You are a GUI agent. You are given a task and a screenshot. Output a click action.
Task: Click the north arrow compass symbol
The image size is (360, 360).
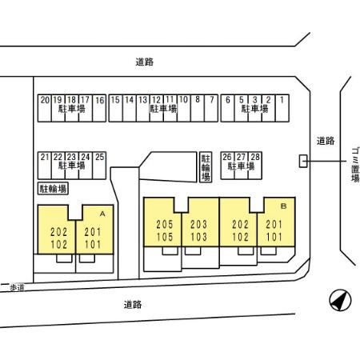pyautogui.click(x=340, y=300)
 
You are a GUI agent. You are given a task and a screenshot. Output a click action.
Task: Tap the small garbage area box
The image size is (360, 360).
pyautogui.click(x=303, y=161)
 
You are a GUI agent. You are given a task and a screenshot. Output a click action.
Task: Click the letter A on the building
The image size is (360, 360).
pyautogui.click(x=102, y=214)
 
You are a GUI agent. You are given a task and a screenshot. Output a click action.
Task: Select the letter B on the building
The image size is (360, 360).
pyautogui.click(x=283, y=206)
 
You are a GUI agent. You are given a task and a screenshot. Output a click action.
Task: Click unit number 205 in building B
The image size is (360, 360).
pyautogui.click(x=165, y=224)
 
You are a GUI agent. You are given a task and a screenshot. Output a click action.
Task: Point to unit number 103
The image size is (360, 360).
pyautogui.click(x=198, y=237)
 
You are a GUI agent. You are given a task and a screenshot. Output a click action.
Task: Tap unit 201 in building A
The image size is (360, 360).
pyautogui.click(x=93, y=232)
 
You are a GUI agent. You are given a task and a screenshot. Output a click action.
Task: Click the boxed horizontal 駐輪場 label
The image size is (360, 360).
pyautogui.click(x=53, y=189)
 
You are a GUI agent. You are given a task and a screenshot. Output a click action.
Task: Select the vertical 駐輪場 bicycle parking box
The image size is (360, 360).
pyautogui.click(x=206, y=167)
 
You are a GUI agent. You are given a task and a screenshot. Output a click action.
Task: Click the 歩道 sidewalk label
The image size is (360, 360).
pyautogui.click(x=17, y=287)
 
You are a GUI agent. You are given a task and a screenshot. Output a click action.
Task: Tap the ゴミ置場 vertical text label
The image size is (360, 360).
pyautogui.click(x=355, y=165)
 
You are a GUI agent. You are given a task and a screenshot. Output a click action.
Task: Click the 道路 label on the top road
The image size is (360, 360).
pyautogui.click(x=145, y=62)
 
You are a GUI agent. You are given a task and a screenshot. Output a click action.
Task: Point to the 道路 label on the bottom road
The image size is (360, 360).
pyautogui.click(x=133, y=305)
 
